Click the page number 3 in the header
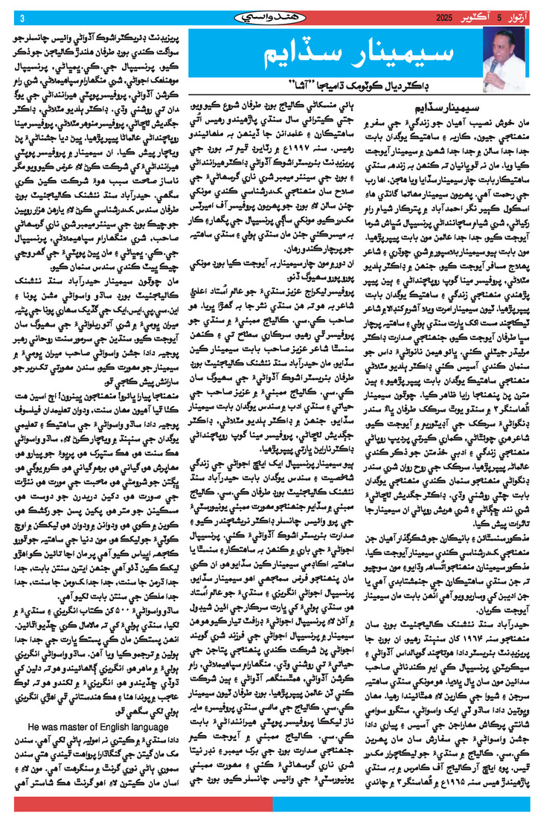(x=22, y=18)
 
